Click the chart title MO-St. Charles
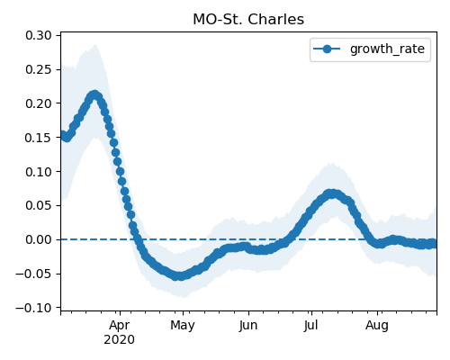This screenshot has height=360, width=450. (248, 20)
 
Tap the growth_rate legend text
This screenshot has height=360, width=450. (387, 49)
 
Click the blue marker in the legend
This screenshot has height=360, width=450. (327, 49)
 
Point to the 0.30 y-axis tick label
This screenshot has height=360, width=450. (39, 35)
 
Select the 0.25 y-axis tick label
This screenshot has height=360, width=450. (39, 69)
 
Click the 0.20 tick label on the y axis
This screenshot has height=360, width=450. (39, 103)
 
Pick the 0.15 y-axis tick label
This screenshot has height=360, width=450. (39, 138)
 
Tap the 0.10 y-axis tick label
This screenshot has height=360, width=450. (39, 172)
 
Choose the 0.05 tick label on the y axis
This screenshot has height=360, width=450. (39, 206)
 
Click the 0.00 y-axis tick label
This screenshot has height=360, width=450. (39, 239)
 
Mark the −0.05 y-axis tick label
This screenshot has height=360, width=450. (33, 274)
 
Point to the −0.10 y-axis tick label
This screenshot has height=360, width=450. (33, 308)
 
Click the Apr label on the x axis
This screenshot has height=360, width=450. (120, 325)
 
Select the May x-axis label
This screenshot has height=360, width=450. (183, 325)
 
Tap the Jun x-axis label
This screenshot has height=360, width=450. (248, 325)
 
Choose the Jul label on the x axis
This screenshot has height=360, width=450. (310, 325)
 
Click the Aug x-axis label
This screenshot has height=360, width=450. (377, 325)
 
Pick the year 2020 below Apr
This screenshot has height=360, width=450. (119, 340)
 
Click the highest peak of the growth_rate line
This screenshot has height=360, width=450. (94, 95)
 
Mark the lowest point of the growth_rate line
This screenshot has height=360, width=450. (179, 276)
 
